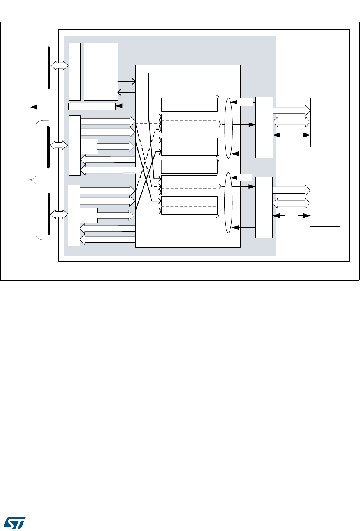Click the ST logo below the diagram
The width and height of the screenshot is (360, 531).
pyautogui.click(x=14, y=522)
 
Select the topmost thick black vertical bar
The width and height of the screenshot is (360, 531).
pyautogui.click(x=49, y=67)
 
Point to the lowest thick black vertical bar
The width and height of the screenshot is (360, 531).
pyautogui.click(x=49, y=213)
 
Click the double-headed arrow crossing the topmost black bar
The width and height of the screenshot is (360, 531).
pyautogui.click(x=59, y=67)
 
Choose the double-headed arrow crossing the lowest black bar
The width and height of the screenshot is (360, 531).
pyautogui.click(x=59, y=214)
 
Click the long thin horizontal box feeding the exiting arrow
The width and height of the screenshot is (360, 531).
pyautogui.click(x=92, y=106)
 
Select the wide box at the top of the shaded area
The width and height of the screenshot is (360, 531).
pyautogui.click(x=101, y=71)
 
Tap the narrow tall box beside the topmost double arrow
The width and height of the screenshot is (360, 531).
pyautogui.click(x=75, y=71)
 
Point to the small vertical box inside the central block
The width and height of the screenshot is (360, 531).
pyautogui.click(x=143, y=96)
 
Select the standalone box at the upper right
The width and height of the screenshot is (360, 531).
pyautogui.click(x=325, y=123)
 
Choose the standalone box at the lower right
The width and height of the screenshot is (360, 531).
pyautogui.click(x=325, y=202)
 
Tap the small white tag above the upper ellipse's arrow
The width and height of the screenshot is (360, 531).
pyautogui.click(x=246, y=102)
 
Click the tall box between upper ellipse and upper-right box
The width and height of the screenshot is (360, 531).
pyautogui.click(x=264, y=127)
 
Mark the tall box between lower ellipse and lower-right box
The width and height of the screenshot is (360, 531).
pyautogui.click(x=264, y=207)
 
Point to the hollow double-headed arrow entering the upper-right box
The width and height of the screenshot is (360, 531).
pyautogui.click(x=291, y=121)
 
